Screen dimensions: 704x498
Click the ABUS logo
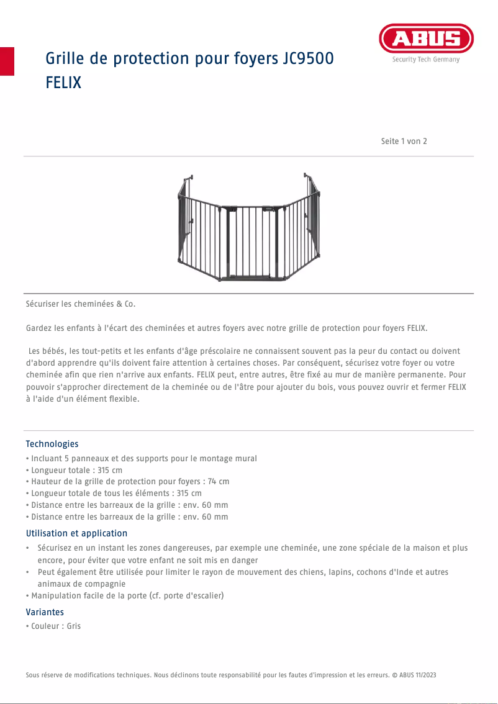click(x=426, y=39)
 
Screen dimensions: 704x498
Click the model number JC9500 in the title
click(x=308, y=59)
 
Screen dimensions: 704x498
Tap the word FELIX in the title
click(x=63, y=83)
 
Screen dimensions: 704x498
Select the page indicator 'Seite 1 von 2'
click(x=404, y=141)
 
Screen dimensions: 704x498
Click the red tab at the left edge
click(x=7, y=61)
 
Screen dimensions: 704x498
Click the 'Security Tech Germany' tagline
click(x=426, y=60)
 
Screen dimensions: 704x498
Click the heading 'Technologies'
click(x=52, y=444)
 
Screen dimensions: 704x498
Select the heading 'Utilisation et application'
click(x=76, y=533)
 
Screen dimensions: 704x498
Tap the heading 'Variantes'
click(x=45, y=612)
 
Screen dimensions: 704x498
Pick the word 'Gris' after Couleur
click(x=74, y=626)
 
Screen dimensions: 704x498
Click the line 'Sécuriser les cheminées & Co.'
click(x=81, y=304)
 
